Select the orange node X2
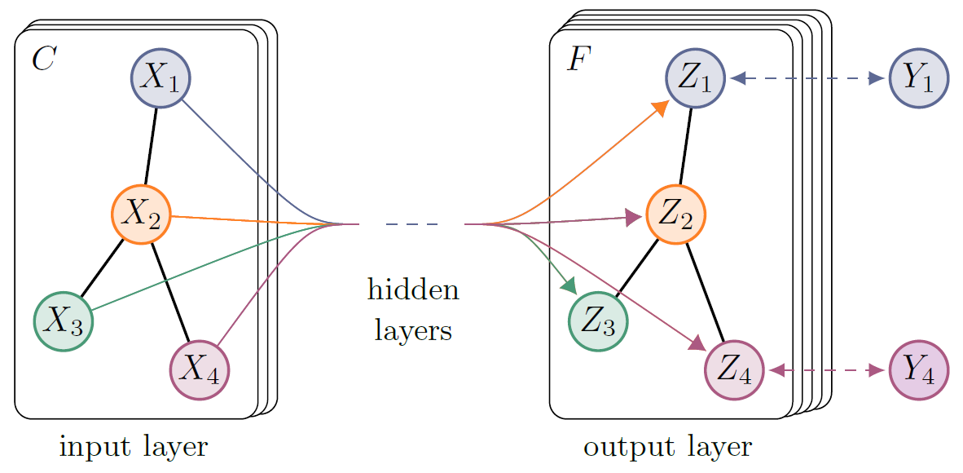pos(141,214)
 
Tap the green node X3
pos(64,321)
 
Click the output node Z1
pos(695,79)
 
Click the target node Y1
pos(919,78)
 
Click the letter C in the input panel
pos(42,60)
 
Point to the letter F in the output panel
pos(578,60)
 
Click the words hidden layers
pos(413,311)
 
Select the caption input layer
pos(134,447)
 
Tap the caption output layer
pos(667,447)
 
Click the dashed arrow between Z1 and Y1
pos(807,78)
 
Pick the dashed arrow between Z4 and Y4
pos(827,371)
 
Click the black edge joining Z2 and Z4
pos(705,292)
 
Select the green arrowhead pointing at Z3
pos(569,285)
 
